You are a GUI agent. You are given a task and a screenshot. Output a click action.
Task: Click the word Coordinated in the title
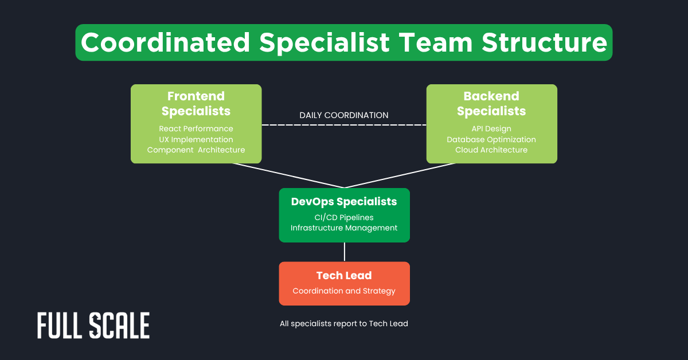[x=166, y=43]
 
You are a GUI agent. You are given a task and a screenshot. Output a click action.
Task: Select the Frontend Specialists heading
[x=196, y=104]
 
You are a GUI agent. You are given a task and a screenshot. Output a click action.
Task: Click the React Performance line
[x=196, y=128]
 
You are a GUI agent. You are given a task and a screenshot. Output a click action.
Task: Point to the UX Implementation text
[x=196, y=139]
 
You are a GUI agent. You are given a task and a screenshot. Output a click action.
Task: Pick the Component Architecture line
[x=196, y=150]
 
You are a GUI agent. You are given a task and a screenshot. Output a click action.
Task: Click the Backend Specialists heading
[x=491, y=104]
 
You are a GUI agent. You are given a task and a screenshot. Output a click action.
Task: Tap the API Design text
[x=491, y=128]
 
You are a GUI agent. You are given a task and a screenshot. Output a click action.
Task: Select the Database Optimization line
[x=491, y=139]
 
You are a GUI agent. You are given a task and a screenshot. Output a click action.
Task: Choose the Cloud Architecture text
[x=491, y=150]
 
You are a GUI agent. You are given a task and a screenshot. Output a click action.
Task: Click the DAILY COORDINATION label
[x=344, y=115]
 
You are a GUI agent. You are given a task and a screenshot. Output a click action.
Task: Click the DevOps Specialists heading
[x=344, y=202]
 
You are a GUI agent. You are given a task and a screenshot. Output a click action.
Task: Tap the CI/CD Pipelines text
[x=344, y=217]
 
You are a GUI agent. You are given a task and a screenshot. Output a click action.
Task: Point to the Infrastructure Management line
[x=344, y=228]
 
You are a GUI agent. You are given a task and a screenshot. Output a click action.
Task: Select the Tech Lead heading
[x=344, y=276]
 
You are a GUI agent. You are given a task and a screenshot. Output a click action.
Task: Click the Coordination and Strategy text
[x=344, y=291]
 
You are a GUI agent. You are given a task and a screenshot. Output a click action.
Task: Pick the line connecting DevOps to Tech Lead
[x=344, y=252]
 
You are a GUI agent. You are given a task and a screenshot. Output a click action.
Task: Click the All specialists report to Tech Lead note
[x=344, y=324]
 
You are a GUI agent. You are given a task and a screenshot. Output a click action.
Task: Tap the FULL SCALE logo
[x=93, y=326]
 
